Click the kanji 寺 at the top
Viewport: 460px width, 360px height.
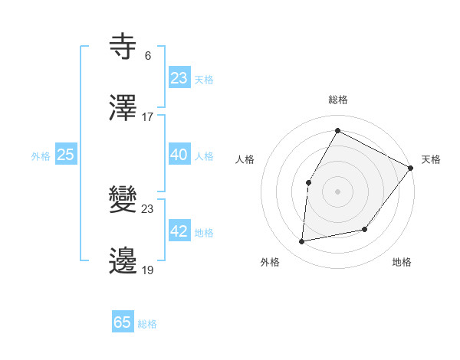coord(123,47)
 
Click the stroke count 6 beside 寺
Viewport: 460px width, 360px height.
coord(147,55)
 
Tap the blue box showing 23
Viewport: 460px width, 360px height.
coord(179,78)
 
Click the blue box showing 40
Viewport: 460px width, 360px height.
coord(179,155)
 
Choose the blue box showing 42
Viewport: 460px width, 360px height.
coord(179,231)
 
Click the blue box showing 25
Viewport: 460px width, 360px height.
coord(66,155)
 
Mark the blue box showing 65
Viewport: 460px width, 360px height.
coord(123,322)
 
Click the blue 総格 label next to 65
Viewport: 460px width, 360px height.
coord(147,324)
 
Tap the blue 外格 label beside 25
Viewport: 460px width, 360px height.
coord(41,156)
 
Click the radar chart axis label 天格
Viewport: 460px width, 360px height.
coord(431,159)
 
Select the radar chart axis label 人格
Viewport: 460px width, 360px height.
coord(245,159)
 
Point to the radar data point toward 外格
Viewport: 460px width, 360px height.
coord(302,241)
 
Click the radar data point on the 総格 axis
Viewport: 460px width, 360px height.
coord(337,131)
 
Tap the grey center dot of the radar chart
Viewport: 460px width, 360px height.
coord(337,191)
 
